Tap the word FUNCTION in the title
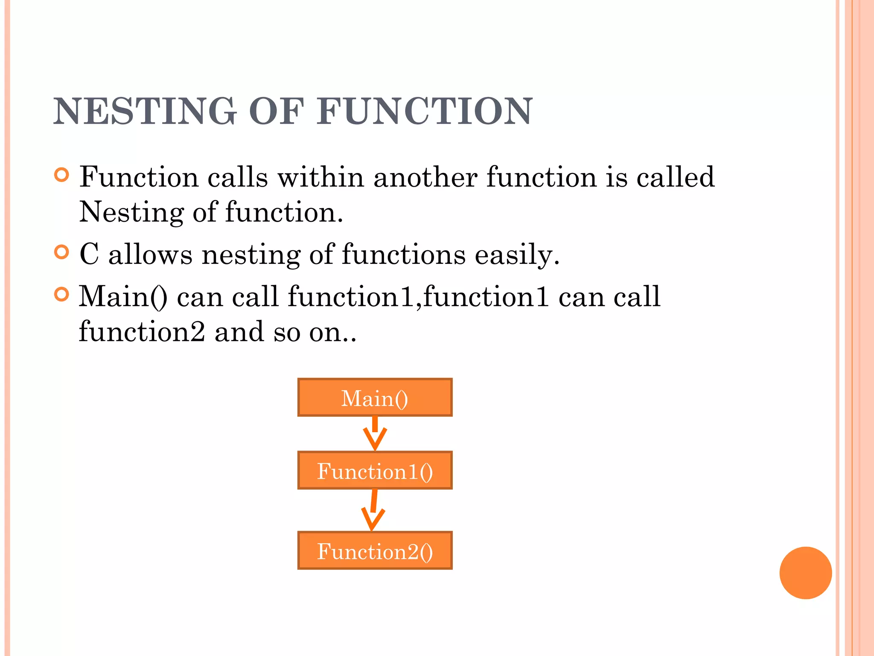[424, 111]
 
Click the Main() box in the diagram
[375, 398]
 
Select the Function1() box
[375, 471]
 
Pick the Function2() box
[375, 551]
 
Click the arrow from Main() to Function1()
[375, 433]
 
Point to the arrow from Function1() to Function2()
[373, 510]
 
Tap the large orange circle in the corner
[805, 573]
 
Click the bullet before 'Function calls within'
[62, 175]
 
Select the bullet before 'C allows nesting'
[62, 252]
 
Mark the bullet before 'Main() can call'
[62, 294]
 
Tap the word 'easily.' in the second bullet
[517, 255]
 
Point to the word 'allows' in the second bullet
[150, 255]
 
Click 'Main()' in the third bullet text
[123, 297]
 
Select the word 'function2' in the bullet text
[142, 332]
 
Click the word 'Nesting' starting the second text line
[131, 212]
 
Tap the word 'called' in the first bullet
[675, 177]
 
